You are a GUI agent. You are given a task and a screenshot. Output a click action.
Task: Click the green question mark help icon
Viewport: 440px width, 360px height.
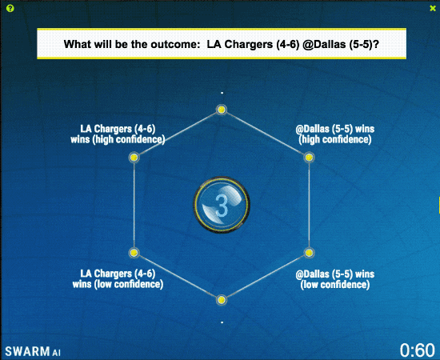[10, 9]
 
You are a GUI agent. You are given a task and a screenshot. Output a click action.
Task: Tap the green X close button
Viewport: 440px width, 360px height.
[433, 9]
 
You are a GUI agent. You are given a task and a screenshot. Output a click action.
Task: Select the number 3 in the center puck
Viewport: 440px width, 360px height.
[222, 206]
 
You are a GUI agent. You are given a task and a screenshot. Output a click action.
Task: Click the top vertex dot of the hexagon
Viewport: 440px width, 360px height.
[222, 110]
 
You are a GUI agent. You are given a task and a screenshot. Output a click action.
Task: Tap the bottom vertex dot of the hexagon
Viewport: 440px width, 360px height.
[222, 300]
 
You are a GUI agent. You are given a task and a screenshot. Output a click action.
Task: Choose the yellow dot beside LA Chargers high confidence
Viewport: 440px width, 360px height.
[134, 158]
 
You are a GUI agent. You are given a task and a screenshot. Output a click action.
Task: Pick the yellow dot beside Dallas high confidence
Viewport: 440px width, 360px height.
[309, 158]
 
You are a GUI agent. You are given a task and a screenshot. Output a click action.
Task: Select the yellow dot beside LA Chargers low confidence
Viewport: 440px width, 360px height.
[134, 253]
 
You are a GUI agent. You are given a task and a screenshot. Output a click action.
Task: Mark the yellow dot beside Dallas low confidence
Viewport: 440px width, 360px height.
[309, 253]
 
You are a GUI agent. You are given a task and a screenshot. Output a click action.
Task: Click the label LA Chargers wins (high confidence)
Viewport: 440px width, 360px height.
[118, 134]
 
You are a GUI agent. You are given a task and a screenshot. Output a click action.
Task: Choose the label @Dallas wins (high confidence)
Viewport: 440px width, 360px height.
[334, 134]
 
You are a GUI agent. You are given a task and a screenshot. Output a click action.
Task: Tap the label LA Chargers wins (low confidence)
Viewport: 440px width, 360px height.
[118, 279]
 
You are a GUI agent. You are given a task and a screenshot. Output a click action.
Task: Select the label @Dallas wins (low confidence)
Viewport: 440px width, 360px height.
[334, 279]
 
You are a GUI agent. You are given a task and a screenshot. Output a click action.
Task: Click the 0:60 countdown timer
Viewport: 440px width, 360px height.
[418, 350]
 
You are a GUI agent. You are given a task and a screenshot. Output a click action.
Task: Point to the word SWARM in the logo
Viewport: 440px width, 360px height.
[27, 351]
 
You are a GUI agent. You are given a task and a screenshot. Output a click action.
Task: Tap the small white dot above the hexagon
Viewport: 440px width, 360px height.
[222, 93]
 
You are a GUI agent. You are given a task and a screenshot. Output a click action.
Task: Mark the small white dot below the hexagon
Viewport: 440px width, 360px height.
[222, 322]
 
